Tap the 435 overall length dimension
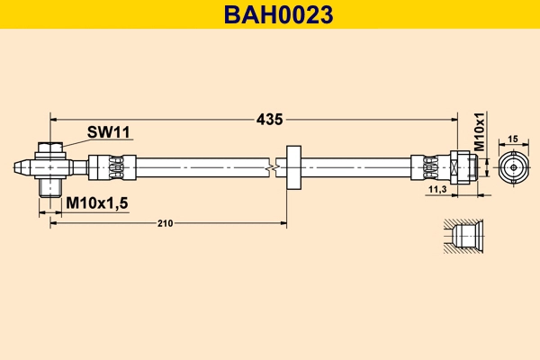(269, 119)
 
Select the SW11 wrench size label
(109, 132)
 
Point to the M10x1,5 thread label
(97, 203)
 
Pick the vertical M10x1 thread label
(479, 135)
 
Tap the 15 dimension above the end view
(513, 139)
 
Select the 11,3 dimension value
(437, 190)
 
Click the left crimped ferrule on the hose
(112, 166)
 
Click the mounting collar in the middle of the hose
(293, 166)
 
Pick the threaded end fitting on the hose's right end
(461, 166)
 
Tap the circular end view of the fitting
(513, 166)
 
